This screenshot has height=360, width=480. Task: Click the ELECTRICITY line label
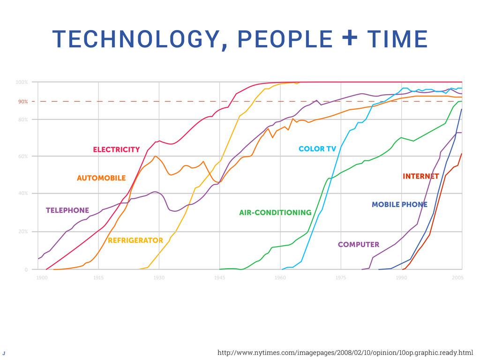tap(116, 150)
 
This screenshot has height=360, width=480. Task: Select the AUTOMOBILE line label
tap(101, 178)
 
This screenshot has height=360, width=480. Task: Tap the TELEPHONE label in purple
tap(67, 210)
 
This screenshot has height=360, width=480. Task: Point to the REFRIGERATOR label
tap(135, 240)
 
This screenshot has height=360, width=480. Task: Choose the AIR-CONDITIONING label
tap(275, 213)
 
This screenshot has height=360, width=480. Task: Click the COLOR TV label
tap(317, 149)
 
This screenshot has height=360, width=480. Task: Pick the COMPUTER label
tap(359, 245)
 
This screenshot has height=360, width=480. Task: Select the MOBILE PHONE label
tap(399, 204)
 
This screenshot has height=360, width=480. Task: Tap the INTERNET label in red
tap(420, 177)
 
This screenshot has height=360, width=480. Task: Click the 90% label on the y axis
tap(22, 101)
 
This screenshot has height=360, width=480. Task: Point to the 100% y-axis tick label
tap(22, 82)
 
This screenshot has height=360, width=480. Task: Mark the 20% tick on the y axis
tap(22, 232)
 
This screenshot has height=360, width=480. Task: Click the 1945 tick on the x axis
tap(220, 278)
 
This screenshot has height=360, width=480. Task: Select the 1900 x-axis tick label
tap(42, 278)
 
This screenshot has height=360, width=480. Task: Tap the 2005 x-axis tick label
tap(458, 278)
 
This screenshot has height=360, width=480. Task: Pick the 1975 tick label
tap(341, 278)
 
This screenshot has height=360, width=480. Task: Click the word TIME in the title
tap(397, 39)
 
